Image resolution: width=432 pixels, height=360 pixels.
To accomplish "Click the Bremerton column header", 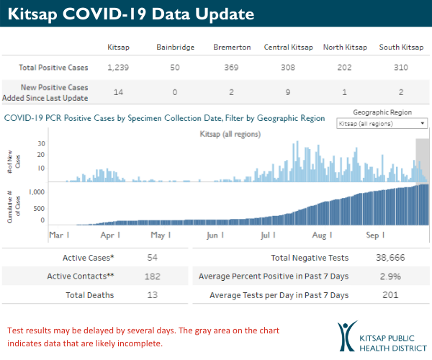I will click(232, 48).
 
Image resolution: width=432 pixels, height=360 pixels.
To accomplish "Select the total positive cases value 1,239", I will click(117, 68).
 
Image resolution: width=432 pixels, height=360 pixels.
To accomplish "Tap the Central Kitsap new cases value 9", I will click(288, 92).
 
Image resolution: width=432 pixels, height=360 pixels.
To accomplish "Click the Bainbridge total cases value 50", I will click(175, 68).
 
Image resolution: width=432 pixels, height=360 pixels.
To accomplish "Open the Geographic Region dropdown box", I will click(382, 124).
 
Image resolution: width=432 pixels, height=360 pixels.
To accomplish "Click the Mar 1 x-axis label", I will click(59, 235).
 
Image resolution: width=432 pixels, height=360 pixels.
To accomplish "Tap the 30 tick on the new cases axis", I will click(42, 144).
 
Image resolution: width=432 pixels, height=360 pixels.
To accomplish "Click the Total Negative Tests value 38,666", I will click(390, 257).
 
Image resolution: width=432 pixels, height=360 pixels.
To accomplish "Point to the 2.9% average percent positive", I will click(390, 276).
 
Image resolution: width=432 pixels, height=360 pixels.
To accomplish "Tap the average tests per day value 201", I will click(390, 295).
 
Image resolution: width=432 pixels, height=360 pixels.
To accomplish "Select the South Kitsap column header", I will click(401, 48).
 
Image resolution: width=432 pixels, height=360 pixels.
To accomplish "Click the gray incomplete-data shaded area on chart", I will click(423, 158).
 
